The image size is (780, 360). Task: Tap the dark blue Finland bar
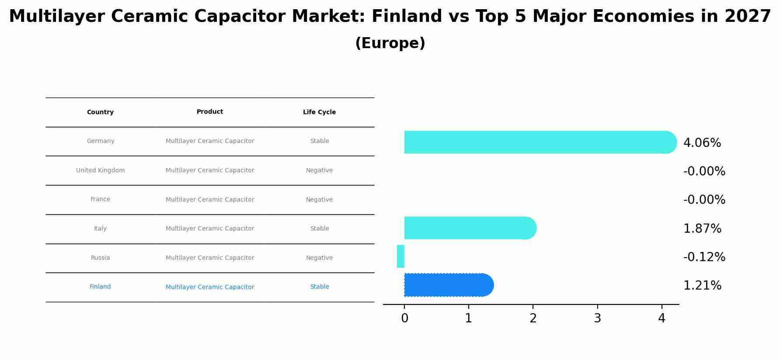coord(449,285)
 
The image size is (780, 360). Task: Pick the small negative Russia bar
coord(400,256)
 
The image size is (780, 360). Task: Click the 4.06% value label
coord(702,143)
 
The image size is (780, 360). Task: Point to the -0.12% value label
coord(704,257)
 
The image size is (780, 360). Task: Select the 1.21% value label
coord(702,286)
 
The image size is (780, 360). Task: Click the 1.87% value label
coord(702,229)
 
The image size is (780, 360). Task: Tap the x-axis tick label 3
coord(597,318)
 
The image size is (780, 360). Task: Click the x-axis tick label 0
coord(404,318)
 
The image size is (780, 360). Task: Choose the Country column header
coord(100,112)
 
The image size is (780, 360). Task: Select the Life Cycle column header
coord(319,112)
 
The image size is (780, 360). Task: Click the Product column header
coord(210,112)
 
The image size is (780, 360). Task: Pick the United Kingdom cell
coord(100,171)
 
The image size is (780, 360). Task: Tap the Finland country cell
coord(100,287)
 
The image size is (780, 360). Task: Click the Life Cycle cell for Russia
coord(319,258)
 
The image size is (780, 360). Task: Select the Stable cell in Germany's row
coord(319,141)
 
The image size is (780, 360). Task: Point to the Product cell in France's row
coord(210,200)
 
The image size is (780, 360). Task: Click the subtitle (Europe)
coord(390,44)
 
